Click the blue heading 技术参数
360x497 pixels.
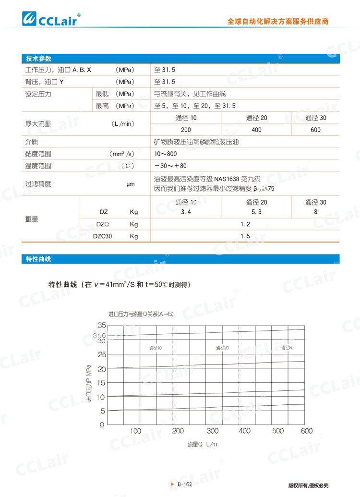[x=38, y=58]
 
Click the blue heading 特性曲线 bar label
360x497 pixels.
[x=38, y=259]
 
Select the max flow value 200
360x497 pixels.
[x=186, y=130]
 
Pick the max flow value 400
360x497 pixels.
[x=256, y=130]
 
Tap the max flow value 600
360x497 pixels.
[x=315, y=130]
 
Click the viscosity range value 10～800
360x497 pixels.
[x=166, y=154]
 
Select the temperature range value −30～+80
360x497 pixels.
[x=170, y=166]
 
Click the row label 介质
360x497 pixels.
[x=31, y=142]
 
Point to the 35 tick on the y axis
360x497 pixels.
[x=101, y=326]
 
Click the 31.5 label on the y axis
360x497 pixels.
[x=99, y=336]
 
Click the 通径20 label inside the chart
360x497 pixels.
[x=222, y=348]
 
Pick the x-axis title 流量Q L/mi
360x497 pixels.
[x=203, y=445]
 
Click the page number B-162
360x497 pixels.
[x=184, y=485]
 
